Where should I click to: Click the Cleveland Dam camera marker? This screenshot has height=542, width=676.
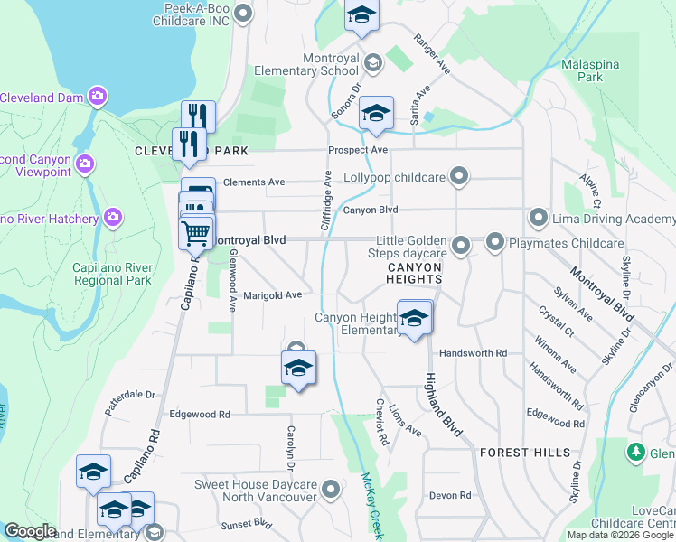click(97, 97)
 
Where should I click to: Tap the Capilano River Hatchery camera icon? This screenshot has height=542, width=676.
click(113, 217)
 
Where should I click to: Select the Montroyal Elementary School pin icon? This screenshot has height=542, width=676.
click(372, 63)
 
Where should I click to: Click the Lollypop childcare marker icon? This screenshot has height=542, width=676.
click(460, 175)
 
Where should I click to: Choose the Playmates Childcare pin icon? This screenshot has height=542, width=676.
click(494, 242)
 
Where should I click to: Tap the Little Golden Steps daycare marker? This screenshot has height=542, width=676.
click(461, 245)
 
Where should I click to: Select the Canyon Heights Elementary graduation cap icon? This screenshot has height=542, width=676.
click(414, 319)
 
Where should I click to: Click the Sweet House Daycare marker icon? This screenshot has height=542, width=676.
click(331, 491)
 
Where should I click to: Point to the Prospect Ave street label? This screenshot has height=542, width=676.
click(358, 149)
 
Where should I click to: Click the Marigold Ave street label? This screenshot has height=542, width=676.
click(272, 295)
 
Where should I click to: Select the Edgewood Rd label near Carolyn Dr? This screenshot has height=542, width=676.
click(200, 414)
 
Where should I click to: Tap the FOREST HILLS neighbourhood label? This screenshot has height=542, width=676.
click(525, 452)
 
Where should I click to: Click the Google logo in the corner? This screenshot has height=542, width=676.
click(30, 532)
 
